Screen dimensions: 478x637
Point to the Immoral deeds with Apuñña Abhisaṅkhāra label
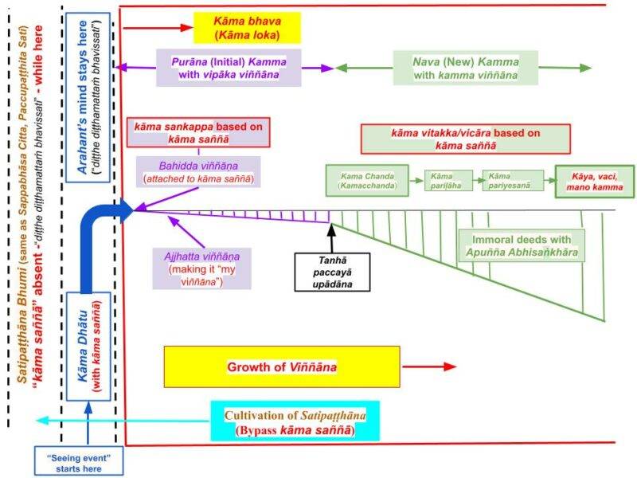click(x=521, y=245)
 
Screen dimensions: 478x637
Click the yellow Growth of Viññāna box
click(x=281, y=366)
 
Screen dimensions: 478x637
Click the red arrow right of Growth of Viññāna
click(x=430, y=366)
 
